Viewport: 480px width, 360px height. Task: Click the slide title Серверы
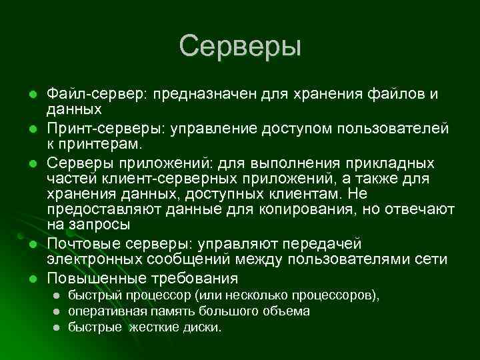(x=240, y=47)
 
